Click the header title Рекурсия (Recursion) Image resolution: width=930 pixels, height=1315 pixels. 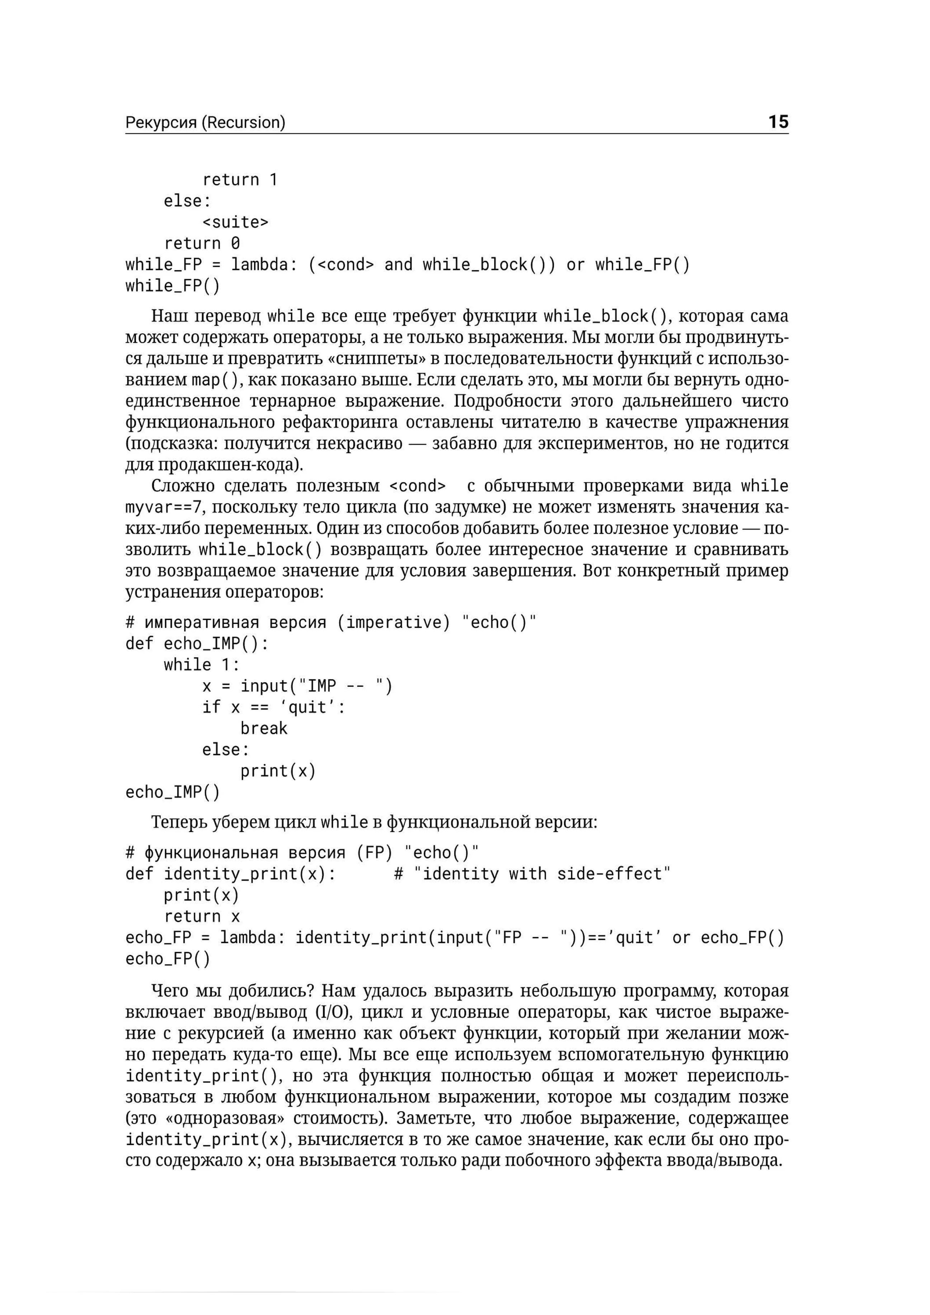[205, 123]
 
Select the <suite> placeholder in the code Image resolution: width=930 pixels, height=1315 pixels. [235, 222]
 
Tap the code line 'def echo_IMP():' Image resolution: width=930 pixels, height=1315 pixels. [196, 644]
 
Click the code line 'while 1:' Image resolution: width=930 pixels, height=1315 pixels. [202, 665]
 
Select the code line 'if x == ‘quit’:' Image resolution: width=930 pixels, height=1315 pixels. [274, 707]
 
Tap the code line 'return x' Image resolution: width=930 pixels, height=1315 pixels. [202, 916]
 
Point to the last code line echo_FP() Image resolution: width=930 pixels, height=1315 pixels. [168, 959]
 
